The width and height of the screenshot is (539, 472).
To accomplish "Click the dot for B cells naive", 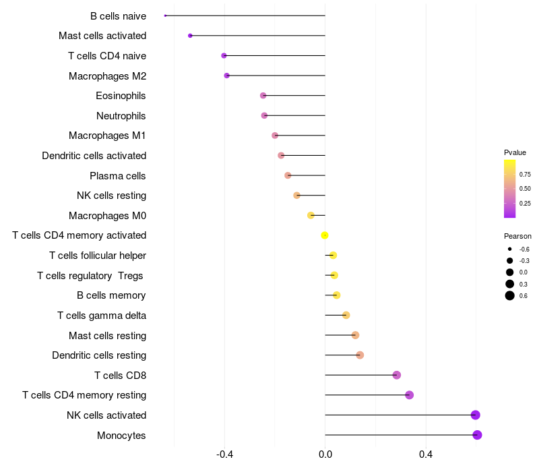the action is (165, 16).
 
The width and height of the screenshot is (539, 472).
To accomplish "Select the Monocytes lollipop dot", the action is (477, 435).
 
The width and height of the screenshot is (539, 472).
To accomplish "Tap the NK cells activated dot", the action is (476, 415).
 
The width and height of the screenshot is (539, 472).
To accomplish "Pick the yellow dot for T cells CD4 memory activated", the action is (325, 235).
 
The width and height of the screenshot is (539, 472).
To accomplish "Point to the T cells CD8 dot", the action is (397, 375).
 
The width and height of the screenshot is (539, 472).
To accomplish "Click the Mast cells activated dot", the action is (190, 36).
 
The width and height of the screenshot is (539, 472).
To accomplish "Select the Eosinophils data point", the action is (263, 96).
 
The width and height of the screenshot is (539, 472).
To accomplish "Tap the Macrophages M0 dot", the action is (311, 215).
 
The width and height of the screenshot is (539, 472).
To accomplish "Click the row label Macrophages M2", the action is (108, 76).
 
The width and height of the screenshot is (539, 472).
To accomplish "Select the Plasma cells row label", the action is (117, 176).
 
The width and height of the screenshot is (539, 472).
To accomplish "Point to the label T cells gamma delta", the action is (102, 316).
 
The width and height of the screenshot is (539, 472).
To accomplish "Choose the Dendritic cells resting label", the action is (99, 355).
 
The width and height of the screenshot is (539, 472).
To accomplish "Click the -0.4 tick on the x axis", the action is (224, 454).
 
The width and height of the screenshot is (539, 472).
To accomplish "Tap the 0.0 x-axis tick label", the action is (325, 454).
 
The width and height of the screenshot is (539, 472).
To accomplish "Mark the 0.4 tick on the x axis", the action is (426, 454).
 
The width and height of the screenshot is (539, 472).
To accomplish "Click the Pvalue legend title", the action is (515, 152).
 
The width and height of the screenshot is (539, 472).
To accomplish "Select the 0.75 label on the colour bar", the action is (525, 175).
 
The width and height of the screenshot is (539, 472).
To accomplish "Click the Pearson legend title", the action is (517, 236).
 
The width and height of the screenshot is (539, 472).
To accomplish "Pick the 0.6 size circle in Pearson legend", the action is (510, 295).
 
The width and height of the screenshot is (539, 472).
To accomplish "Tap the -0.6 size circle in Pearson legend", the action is (510, 249).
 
